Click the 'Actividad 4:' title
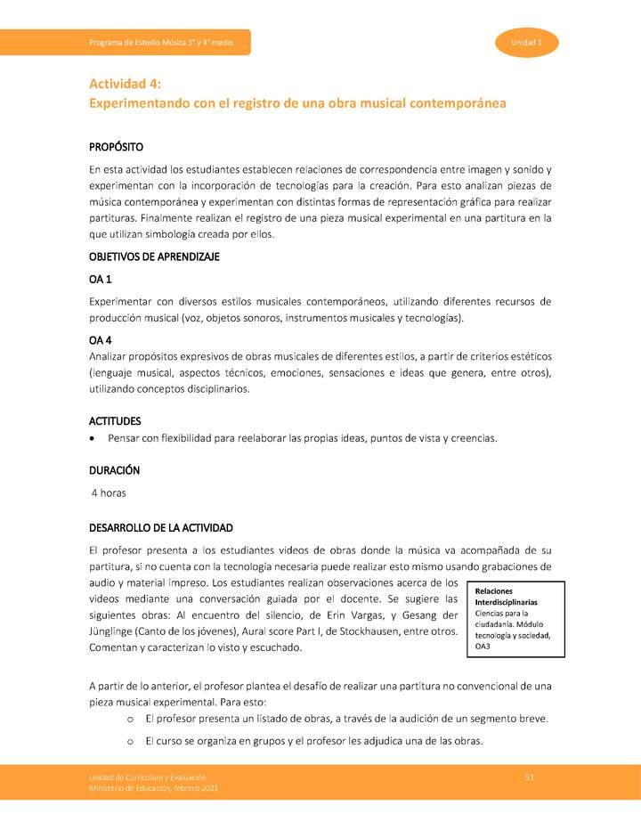(125, 84)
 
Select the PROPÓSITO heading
(116, 146)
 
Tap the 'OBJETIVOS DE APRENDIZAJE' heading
(154, 256)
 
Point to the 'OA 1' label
(101, 279)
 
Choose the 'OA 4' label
(101, 340)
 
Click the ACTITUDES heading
(115, 419)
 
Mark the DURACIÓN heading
(114, 469)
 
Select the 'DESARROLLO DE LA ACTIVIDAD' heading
(161, 527)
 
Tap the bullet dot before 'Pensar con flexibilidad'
(93, 439)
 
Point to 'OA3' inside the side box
(483, 647)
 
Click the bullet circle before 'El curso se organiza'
(131, 741)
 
